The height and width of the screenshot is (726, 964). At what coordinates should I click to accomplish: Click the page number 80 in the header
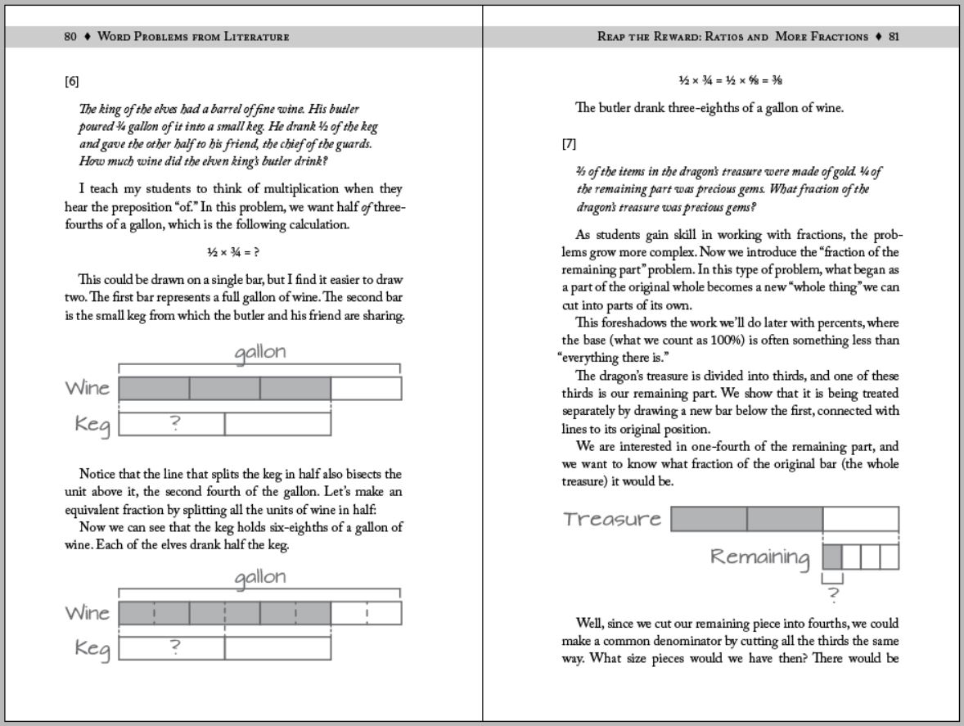point(70,37)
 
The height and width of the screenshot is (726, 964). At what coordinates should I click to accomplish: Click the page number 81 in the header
point(894,37)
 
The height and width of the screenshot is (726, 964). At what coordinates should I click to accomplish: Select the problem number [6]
point(72,81)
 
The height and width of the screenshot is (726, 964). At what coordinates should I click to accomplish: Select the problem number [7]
point(569,144)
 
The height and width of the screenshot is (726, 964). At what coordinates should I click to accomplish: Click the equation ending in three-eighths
point(721,80)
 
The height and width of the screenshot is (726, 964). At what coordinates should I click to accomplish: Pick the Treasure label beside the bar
point(612,519)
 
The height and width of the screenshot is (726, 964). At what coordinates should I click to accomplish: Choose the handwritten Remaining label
point(759,557)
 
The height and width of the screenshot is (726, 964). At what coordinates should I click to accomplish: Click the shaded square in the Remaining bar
point(832,557)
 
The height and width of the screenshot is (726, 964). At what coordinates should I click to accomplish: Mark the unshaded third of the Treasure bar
point(860,519)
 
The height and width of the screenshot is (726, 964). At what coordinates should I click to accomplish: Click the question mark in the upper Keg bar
point(173,423)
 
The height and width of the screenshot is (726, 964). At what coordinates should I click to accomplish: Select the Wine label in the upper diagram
point(88,388)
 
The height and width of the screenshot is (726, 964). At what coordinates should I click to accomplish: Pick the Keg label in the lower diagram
point(92,648)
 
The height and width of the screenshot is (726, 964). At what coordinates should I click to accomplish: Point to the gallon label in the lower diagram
point(260,577)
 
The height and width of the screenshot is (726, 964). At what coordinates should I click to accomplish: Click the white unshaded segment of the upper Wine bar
point(366,388)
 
